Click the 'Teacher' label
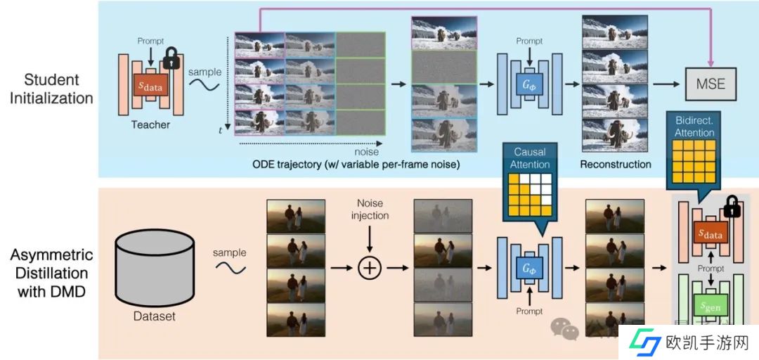pos(150,124)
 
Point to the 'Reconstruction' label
pos(615,164)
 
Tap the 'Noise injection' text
pos(370,209)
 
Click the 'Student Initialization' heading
pos(51,89)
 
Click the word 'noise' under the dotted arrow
pos(366,151)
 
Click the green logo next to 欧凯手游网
pos(644,343)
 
